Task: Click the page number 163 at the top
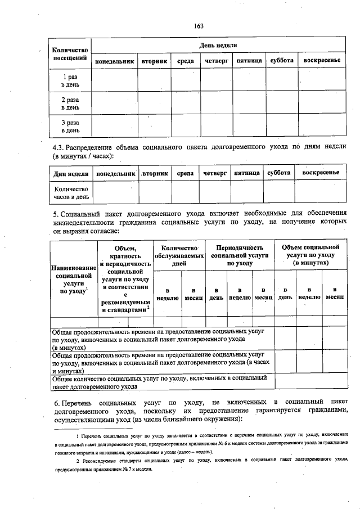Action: pyautogui.click(x=198, y=26)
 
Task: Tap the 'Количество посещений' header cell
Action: pyautogui.click(x=70, y=53)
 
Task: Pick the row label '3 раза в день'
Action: pyautogui.click(x=70, y=126)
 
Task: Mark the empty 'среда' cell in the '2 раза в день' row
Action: pyautogui.click(x=186, y=103)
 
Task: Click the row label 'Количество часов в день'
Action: pyautogui.click(x=71, y=193)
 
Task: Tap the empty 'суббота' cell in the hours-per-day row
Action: pyautogui.click(x=279, y=192)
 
